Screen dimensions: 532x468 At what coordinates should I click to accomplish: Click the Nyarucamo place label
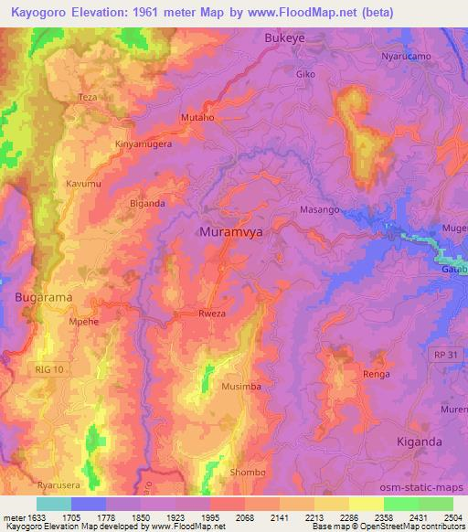point(405,56)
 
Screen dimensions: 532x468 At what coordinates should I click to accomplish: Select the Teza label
point(88,97)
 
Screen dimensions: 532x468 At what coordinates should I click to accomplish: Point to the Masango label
point(320,209)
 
